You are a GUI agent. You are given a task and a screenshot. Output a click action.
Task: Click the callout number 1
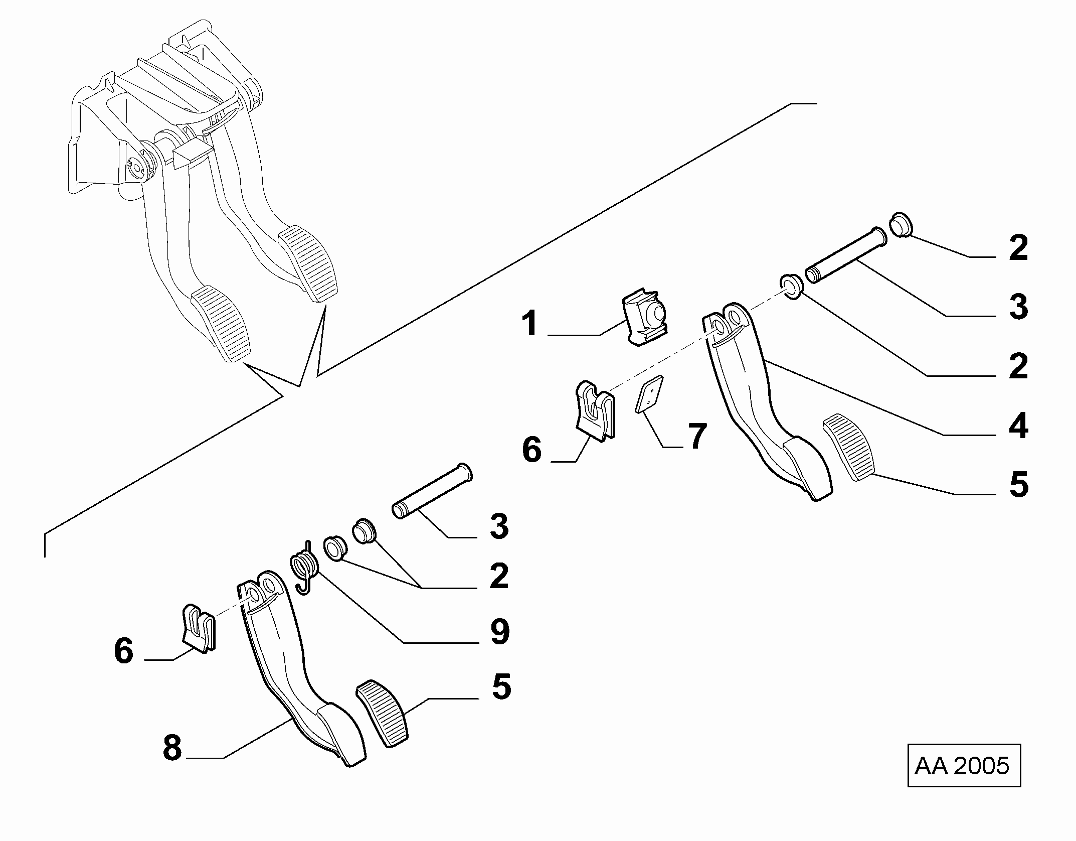pyautogui.click(x=530, y=323)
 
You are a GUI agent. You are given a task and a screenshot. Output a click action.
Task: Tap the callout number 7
pyautogui.click(x=696, y=436)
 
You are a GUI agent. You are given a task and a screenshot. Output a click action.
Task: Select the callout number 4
pyautogui.click(x=1018, y=426)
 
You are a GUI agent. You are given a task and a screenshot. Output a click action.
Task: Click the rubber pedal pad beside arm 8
pyautogui.click(x=382, y=721)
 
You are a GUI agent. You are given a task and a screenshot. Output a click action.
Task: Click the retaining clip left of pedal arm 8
pyautogui.click(x=198, y=628)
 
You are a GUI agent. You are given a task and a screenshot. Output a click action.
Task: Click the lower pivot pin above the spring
pyautogui.click(x=432, y=491)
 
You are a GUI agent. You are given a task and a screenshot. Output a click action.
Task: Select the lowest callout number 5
pyautogui.click(x=501, y=686)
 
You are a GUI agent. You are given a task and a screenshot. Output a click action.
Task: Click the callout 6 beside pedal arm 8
pyautogui.click(x=124, y=651)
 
